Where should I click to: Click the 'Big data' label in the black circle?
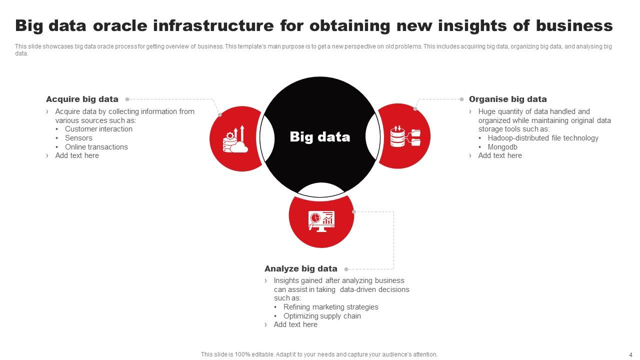coord(320,137)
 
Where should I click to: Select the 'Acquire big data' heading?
coord(82,99)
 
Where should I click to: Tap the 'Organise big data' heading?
coord(507,99)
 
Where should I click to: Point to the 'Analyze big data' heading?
coord(301,268)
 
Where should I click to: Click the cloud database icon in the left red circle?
coord(235,139)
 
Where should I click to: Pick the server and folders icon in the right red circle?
coord(405,136)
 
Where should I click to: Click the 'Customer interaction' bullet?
coord(98,129)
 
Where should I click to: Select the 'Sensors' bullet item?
coord(78,138)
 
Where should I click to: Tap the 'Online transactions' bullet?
coord(96,147)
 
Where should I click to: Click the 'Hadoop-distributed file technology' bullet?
coord(543,138)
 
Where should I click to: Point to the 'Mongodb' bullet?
coord(502,147)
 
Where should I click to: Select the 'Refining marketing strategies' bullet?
coord(330,307)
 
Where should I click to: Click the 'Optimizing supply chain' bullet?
coord(322,316)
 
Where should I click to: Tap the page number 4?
coord(630,354)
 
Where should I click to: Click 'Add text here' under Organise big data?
coord(499,155)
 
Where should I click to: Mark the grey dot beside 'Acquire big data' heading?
coord(127,99)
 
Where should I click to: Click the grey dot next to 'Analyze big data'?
coord(346,269)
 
